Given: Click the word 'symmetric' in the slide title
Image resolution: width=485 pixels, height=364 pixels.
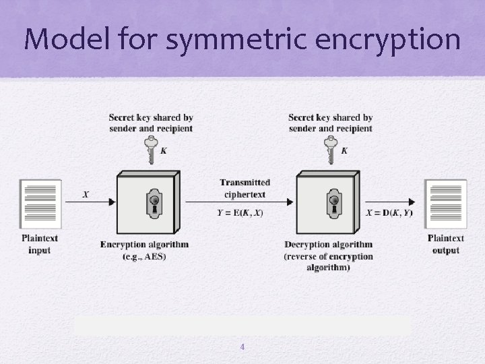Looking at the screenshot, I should (225, 40).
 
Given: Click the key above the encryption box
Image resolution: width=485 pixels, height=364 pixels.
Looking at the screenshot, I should (151, 149).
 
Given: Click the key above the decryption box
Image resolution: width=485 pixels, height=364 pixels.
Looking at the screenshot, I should (330, 149).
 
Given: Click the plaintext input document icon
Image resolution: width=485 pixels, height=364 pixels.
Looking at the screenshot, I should (40, 204).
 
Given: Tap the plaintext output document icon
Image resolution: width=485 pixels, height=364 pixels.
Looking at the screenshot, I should (445, 204).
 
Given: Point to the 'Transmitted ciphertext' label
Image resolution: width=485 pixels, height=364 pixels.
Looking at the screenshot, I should (245, 188).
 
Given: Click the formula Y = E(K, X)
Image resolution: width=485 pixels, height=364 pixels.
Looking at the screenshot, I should (240, 213).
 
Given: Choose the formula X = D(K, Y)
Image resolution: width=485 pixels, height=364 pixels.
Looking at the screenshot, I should (389, 213).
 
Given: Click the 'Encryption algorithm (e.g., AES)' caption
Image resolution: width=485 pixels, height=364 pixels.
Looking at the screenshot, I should (144, 249).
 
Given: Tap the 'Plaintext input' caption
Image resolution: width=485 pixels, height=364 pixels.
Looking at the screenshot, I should (40, 244).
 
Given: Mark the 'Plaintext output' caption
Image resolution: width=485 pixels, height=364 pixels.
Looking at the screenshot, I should (445, 244).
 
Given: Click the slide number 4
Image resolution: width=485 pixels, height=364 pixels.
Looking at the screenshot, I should (243, 347).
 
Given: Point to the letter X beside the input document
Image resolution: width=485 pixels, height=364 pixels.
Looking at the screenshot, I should (86, 194).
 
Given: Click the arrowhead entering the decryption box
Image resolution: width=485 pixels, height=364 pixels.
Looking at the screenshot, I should (290, 201).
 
